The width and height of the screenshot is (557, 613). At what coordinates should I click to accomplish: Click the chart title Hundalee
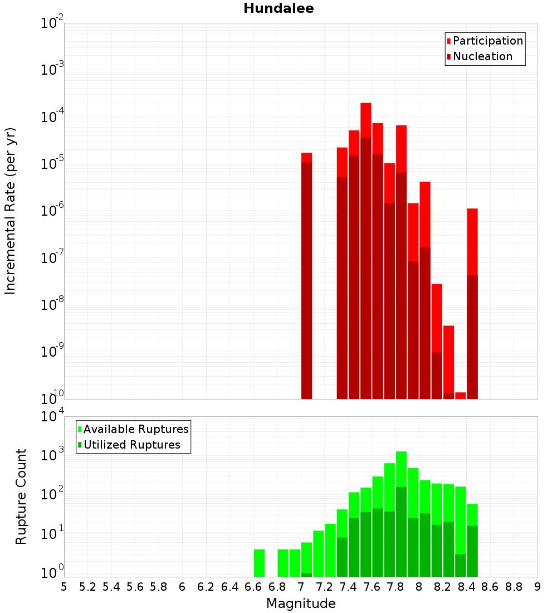(x=278, y=8)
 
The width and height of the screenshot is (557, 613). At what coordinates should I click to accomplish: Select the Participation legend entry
(x=487, y=41)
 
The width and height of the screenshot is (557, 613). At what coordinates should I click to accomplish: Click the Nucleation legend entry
(x=482, y=56)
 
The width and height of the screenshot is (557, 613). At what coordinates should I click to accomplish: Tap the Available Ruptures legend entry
(x=136, y=429)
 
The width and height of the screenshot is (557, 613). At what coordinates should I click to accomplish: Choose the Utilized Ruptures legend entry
(x=131, y=445)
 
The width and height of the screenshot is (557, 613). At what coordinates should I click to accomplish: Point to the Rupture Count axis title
(x=21, y=496)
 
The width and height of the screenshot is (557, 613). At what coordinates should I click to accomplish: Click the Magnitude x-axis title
(x=301, y=604)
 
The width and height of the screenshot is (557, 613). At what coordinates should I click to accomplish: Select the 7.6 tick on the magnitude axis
(x=372, y=587)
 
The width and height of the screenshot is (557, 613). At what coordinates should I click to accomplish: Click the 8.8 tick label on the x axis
(x=514, y=587)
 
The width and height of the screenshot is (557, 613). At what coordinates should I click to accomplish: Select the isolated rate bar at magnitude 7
(x=306, y=279)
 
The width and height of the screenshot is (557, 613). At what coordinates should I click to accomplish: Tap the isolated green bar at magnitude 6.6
(x=259, y=563)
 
